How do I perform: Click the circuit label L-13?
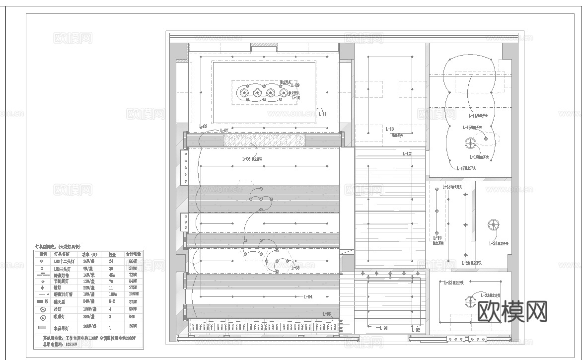point(389,129)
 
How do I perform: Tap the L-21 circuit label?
point(493,243)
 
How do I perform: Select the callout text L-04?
point(307,297)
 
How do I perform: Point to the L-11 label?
point(322,114)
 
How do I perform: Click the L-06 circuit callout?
point(246,159)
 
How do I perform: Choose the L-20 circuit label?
point(466,263)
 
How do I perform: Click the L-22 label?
point(446,283)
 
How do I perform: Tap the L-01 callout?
point(383,328)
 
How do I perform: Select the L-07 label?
point(224,131)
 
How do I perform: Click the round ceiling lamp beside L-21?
point(493,225)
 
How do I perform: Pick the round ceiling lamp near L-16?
point(470,144)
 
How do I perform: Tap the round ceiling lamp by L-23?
point(470,301)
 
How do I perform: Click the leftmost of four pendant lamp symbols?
point(244,93)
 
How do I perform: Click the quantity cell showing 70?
point(112,281)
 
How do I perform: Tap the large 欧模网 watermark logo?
point(512,311)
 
